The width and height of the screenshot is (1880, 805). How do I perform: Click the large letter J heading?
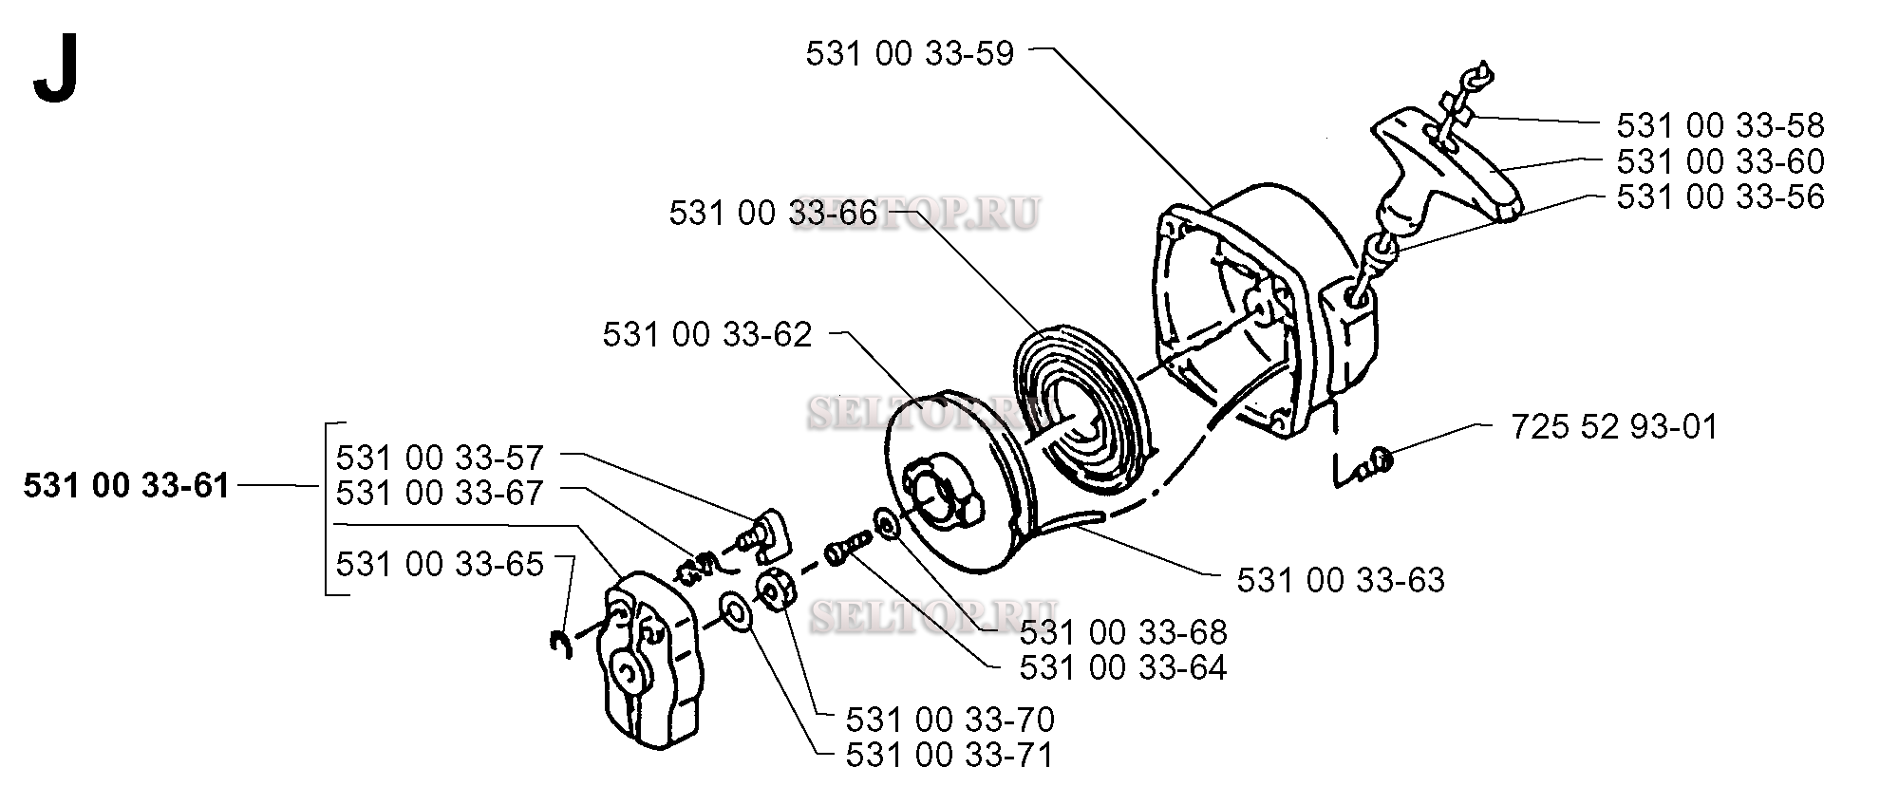[x=55, y=73]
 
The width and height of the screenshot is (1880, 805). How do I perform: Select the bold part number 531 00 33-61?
[x=126, y=486]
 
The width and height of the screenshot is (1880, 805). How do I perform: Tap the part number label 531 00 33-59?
[x=910, y=53]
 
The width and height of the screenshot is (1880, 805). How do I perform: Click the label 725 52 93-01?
[x=1614, y=426]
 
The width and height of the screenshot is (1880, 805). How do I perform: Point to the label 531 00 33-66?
[x=773, y=213]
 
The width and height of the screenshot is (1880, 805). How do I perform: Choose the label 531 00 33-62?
[x=707, y=334]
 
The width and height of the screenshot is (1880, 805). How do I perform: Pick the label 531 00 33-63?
[x=1341, y=579]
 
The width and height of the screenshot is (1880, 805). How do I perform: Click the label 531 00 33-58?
[x=1720, y=125]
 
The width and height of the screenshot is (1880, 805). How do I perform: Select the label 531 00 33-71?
[x=949, y=755]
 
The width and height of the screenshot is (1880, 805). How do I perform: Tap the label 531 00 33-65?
[x=440, y=564]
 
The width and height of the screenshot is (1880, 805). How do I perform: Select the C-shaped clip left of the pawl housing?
[x=560, y=645]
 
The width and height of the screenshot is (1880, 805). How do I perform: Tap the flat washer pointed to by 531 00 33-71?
[x=736, y=613]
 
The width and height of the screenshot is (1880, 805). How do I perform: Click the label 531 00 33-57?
[x=440, y=458]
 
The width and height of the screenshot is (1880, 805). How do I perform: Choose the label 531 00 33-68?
[x=1123, y=632]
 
